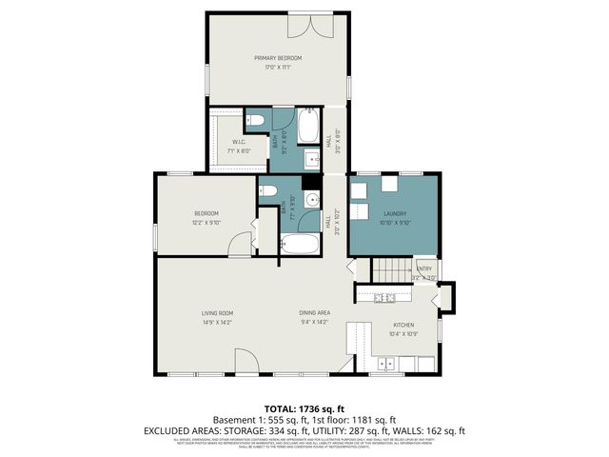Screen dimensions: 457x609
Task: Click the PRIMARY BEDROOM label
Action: (279, 58)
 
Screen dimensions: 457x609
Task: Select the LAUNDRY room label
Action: (395, 214)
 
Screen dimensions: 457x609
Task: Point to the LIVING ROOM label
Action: (217, 313)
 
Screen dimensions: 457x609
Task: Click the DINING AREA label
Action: (314, 313)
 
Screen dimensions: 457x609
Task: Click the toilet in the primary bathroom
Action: (254, 120)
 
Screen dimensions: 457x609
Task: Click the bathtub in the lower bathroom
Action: (302, 245)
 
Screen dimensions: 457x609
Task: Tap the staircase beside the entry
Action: (389, 270)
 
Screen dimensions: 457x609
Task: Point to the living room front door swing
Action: (246, 362)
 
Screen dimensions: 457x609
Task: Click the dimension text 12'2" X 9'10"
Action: (207, 222)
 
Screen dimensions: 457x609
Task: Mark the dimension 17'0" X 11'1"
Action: (279, 68)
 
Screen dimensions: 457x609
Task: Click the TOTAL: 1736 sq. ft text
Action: (304, 407)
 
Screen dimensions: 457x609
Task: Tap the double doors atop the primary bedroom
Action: (312, 25)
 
